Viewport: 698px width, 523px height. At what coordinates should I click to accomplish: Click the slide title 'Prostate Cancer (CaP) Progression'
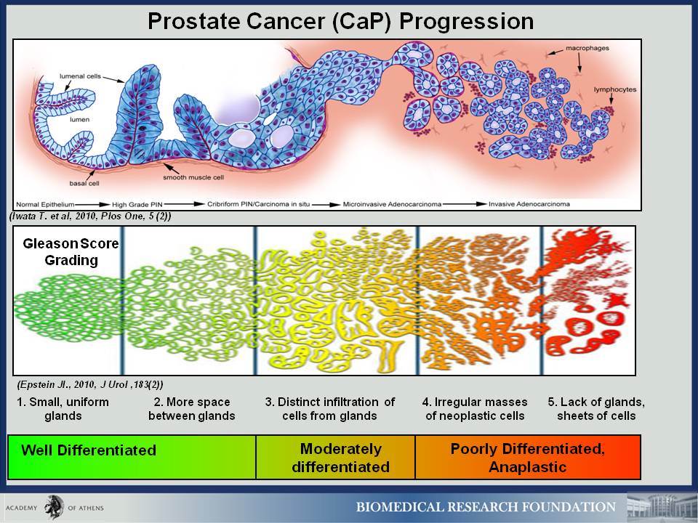click(x=340, y=21)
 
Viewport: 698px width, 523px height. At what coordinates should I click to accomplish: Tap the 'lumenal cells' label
click(x=80, y=76)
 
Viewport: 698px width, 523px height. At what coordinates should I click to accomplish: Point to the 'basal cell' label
click(x=84, y=183)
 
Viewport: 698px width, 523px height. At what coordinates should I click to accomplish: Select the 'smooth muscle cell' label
click(x=193, y=177)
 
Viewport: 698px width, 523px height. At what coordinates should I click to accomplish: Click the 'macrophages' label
click(x=587, y=48)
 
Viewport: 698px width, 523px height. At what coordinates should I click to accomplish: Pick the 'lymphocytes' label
click(x=615, y=89)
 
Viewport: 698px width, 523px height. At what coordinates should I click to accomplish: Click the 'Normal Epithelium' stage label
click(x=45, y=205)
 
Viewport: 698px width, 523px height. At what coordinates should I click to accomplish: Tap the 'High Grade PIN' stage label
click(x=137, y=205)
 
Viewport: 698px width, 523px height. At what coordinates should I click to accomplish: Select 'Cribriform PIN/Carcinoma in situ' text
click(x=258, y=204)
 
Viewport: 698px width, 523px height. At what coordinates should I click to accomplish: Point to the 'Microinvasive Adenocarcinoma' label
click(x=392, y=204)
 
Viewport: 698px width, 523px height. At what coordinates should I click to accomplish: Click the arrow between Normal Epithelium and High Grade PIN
click(x=92, y=205)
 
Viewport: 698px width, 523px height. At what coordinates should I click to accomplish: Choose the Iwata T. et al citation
click(x=90, y=216)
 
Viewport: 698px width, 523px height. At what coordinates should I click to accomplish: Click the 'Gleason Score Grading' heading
click(x=71, y=252)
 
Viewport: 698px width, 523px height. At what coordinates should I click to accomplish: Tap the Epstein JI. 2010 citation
click(x=90, y=385)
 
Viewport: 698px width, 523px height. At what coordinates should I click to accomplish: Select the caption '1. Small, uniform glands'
click(x=63, y=409)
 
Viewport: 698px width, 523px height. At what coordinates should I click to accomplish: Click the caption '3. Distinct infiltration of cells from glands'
click(x=330, y=409)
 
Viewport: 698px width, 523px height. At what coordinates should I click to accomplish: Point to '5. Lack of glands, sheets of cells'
click(x=596, y=409)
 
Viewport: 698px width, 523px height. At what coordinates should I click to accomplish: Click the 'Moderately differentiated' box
click(x=336, y=457)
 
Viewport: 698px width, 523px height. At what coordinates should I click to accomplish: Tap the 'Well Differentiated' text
click(x=89, y=450)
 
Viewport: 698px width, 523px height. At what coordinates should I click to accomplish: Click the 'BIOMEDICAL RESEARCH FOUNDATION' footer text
click(x=486, y=507)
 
